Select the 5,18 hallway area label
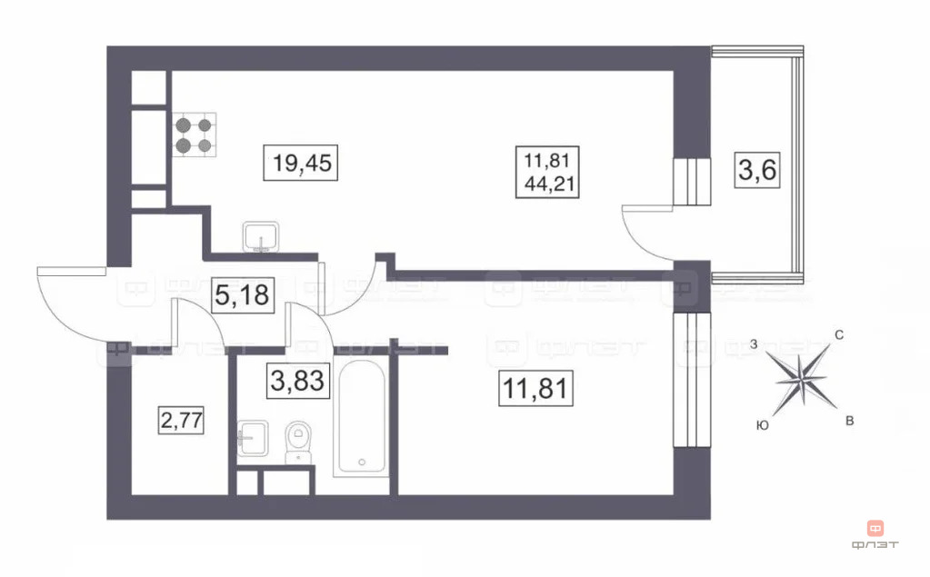242,295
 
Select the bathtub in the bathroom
362,417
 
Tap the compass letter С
839,335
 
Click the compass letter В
849,421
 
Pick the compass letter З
754,343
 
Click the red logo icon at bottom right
875,528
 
